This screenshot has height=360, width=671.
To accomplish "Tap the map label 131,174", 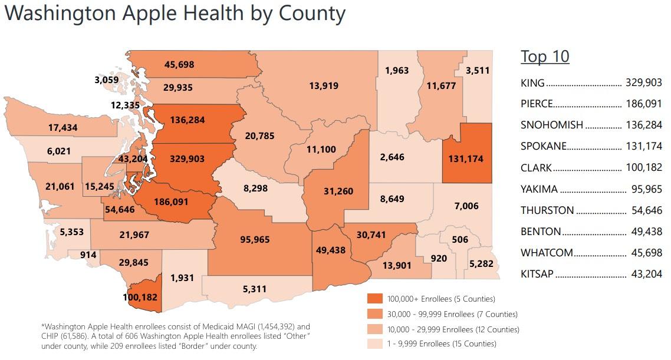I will tap(466, 159).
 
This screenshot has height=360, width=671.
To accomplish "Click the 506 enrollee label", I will tap(460, 240).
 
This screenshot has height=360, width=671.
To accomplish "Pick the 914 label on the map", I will tap(89, 255).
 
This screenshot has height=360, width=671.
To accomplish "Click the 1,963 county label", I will tap(397, 71).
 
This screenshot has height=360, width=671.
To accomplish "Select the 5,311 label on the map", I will tap(255, 289).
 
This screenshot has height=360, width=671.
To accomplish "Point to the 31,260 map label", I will tap(338, 191).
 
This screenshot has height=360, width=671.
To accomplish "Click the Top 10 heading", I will tap(545, 57).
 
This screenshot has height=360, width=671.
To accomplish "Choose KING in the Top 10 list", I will tap(532, 83).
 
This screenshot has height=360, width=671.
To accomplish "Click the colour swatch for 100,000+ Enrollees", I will tap(375, 299).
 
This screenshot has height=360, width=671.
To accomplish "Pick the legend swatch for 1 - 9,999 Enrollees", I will tap(375, 344).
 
